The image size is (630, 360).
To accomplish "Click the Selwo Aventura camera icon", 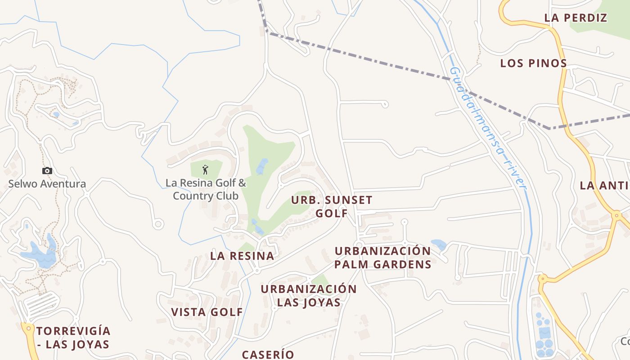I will (x=47, y=171).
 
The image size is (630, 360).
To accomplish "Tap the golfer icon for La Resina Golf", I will (x=206, y=170).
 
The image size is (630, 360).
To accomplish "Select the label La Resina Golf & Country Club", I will (x=206, y=189).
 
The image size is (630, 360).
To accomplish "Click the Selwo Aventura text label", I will (x=47, y=184).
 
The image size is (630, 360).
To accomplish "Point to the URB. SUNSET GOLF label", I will (x=332, y=207).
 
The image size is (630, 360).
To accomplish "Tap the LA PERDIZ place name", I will (x=576, y=18).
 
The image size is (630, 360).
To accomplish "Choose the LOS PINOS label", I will (x=533, y=63).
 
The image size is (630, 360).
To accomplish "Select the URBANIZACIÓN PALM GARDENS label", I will (x=382, y=257).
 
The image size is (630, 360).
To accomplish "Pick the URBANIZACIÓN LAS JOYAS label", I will (x=309, y=296).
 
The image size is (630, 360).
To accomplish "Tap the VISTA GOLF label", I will (x=207, y=312).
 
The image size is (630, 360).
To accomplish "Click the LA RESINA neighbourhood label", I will (x=242, y=256).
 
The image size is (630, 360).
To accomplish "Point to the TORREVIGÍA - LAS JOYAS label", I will (x=73, y=338).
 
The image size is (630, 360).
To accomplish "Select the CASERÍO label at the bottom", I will (x=268, y=355).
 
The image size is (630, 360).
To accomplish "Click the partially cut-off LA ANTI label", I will (x=604, y=185).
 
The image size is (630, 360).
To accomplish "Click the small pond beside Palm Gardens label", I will (x=439, y=245).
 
